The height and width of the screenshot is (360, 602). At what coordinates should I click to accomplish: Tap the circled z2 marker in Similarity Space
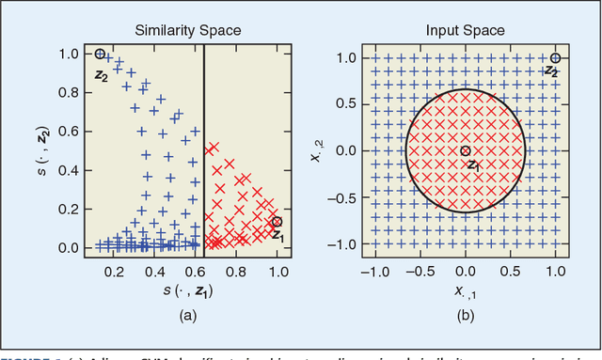pyautogui.click(x=101, y=55)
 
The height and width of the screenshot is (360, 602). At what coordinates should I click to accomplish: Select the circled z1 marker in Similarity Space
pyautogui.click(x=276, y=222)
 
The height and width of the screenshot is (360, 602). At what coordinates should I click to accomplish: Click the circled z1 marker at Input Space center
pyautogui.click(x=466, y=150)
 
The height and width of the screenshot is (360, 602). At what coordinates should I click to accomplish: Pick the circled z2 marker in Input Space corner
pyautogui.click(x=555, y=58)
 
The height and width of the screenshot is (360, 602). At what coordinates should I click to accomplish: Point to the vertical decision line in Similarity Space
pyautogui.click(x=204, y=150)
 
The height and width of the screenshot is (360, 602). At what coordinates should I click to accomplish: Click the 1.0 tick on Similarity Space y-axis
pyautogui.click(x=71, y=55)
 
